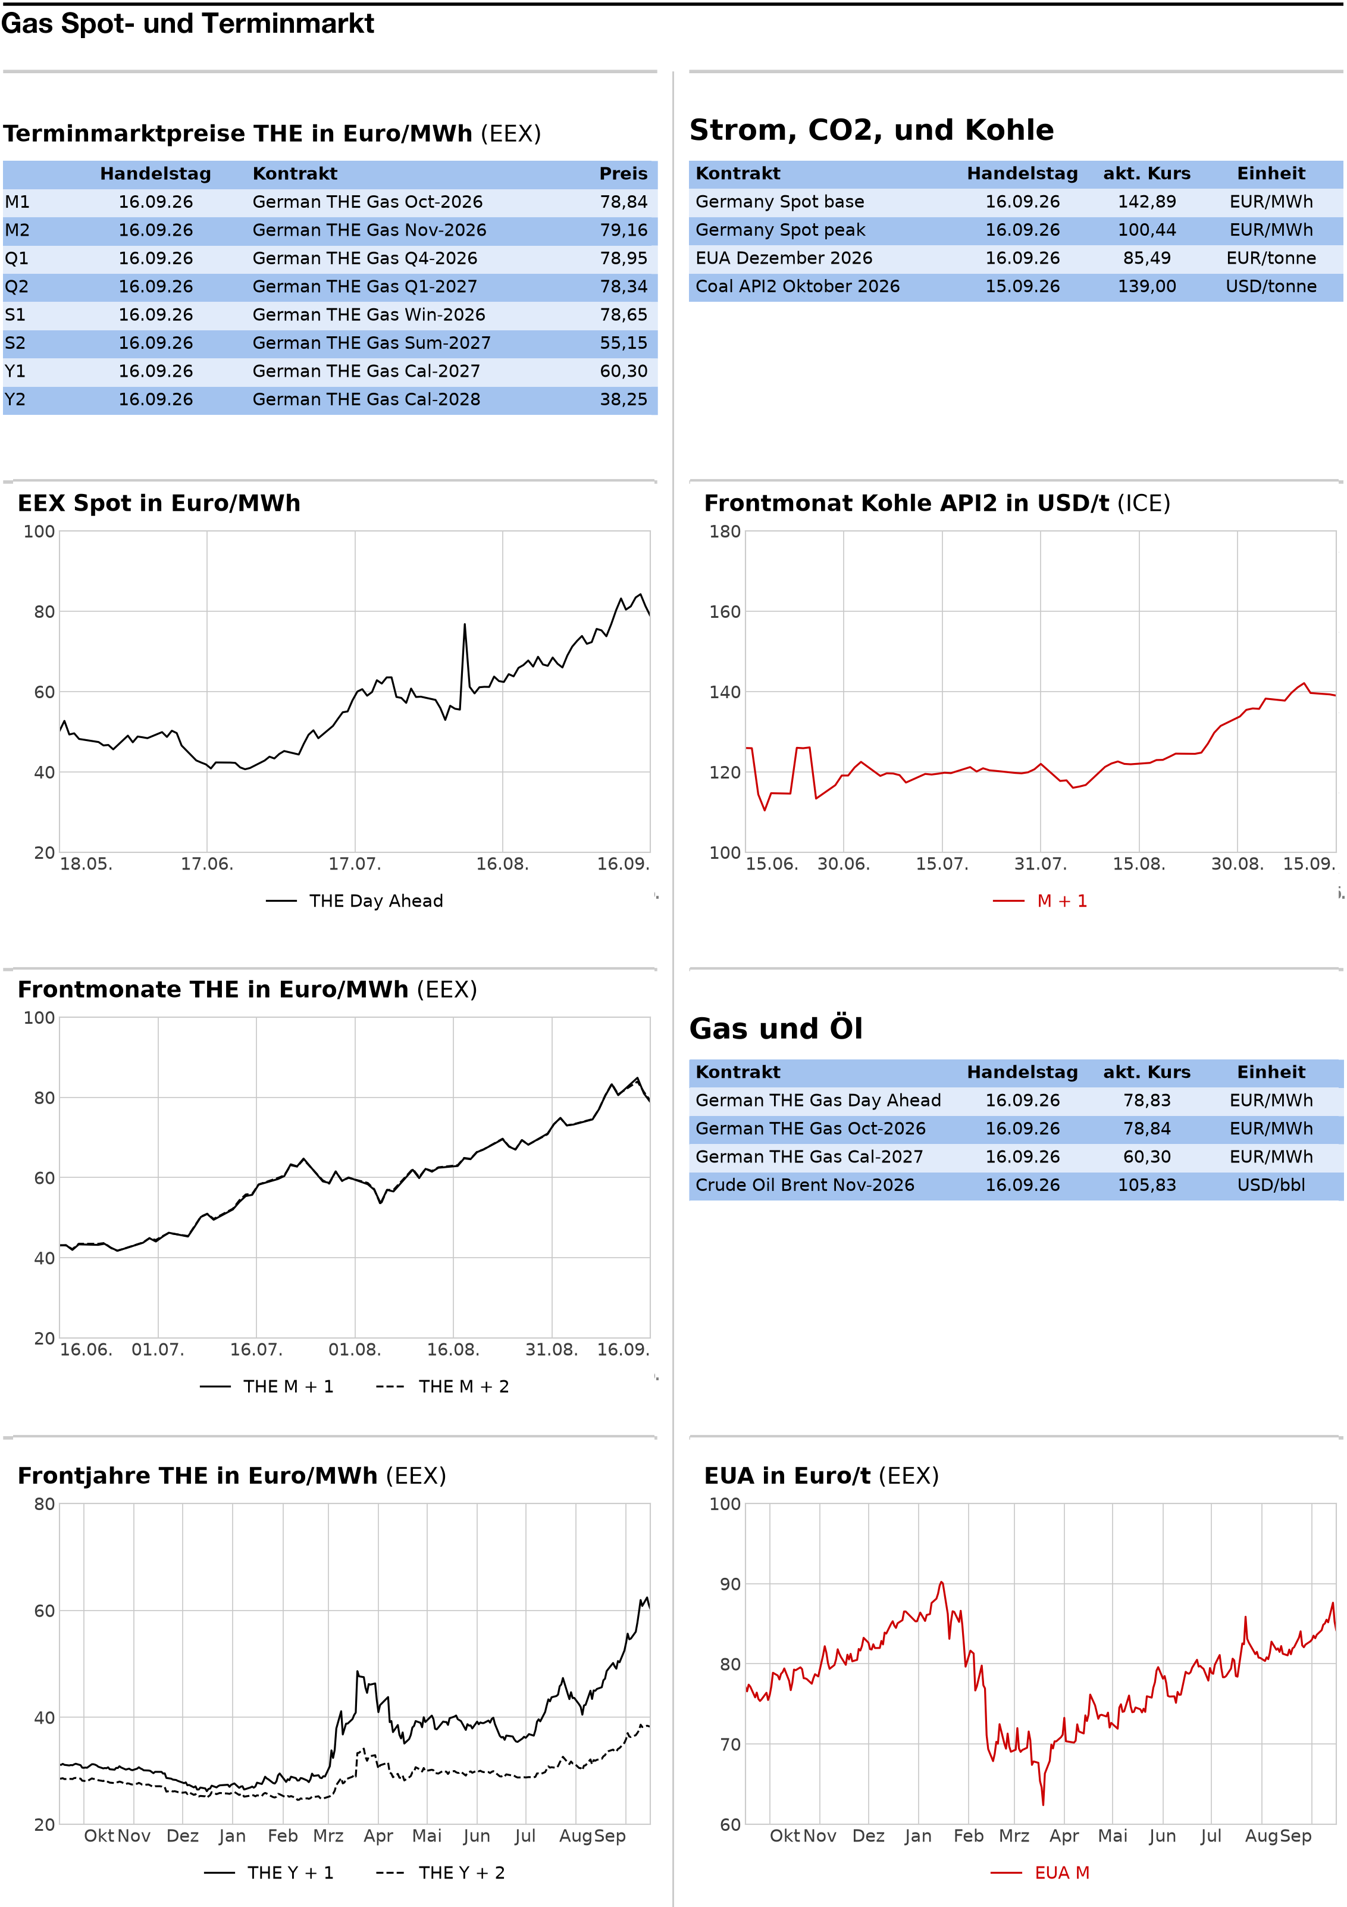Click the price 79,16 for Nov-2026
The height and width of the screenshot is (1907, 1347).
tap(624, 230)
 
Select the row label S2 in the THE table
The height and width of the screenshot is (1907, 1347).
tap(15, 343)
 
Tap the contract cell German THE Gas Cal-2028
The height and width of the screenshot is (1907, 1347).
tap(366, 399)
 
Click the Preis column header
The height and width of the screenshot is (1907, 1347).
tap(624, 174)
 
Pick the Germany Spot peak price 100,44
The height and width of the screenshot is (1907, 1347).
tap(1147, 230)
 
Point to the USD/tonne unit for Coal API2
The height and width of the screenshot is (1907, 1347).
tap(1271, 286)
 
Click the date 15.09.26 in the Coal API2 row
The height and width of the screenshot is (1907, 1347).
tap(1022, 286)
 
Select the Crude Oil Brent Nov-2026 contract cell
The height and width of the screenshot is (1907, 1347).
tap(805, 1185)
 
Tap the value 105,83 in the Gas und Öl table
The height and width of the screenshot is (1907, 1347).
tap(1147, 1185)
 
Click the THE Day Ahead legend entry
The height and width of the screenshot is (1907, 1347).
tap(355, 901)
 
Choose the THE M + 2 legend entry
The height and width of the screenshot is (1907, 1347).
tap(443, 1386)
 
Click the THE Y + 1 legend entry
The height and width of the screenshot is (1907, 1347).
tap(268, 1873)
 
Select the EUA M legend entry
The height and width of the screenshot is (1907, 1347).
tap(1041, 1873)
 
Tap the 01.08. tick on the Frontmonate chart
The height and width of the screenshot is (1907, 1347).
tap(355, 1350)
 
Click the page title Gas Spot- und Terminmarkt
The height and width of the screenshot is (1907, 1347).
tap(187, 23)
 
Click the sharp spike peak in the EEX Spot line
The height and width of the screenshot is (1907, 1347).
tap(464, 624)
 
